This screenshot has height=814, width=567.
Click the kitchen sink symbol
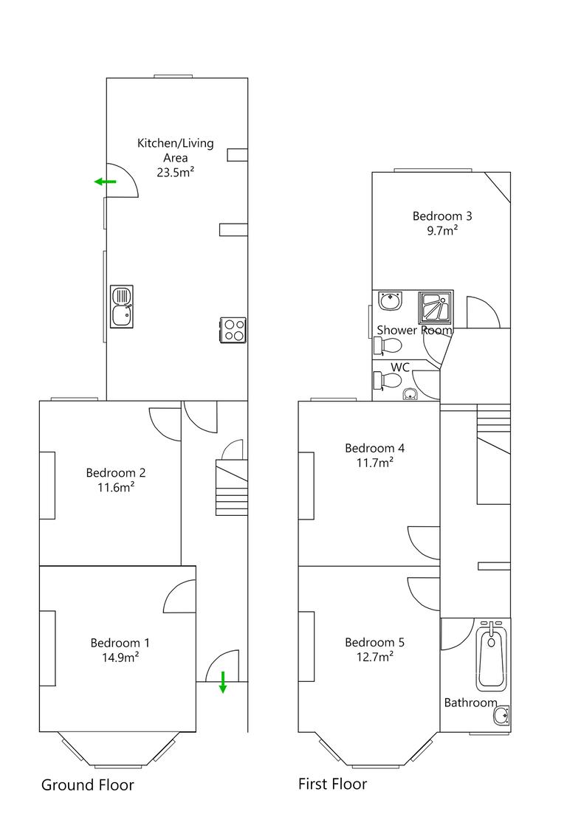122,306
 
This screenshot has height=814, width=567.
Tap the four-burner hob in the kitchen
233,330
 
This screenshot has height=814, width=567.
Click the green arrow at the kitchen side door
105,182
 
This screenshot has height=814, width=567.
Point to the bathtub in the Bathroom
491,656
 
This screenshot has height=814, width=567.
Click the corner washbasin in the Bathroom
502,715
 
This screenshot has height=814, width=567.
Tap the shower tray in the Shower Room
436,308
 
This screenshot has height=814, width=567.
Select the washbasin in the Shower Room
389,301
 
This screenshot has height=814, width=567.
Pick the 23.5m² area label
175,173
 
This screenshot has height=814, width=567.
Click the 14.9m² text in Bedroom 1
120,658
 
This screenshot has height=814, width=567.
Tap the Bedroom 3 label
441,216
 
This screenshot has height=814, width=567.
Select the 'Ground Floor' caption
87,784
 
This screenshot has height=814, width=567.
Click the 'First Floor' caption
331,783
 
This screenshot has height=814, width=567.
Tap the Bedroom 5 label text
374,642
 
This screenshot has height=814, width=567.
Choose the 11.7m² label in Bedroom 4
374,463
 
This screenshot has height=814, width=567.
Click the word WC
400,367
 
